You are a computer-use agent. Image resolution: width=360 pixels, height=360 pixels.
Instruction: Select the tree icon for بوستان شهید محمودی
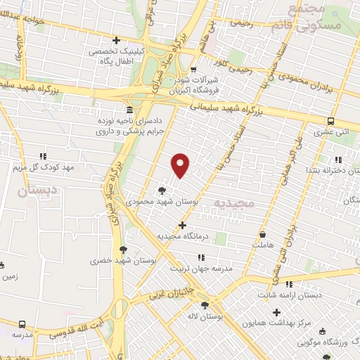(x=162, y=190)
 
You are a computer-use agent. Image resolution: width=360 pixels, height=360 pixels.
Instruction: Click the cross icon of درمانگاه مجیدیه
(x=183, y=226)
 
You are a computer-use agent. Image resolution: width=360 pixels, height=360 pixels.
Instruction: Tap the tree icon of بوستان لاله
(x=205, y=304)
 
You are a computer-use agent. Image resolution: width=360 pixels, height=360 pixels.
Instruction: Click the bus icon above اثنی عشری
(x=331, y=120)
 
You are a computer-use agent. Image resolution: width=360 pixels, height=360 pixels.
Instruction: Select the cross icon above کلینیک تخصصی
(x=117, y=40)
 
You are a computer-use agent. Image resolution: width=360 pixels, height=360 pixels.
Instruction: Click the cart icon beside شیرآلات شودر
(x=193, y=69)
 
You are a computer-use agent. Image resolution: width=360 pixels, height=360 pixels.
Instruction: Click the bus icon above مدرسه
(x=23, y=324)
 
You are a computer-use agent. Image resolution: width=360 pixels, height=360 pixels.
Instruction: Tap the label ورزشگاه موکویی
(x=328, y=342)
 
